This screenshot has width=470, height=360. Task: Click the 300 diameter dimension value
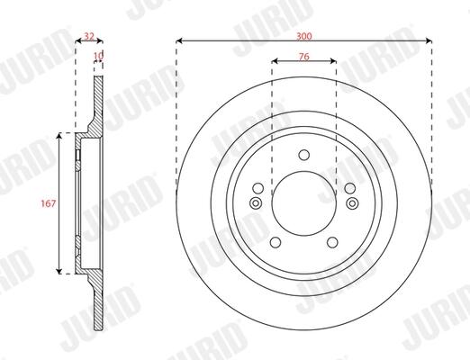(304, 36)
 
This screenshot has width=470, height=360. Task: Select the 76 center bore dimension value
(304, 57)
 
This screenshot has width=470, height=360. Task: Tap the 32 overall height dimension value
(89, 36)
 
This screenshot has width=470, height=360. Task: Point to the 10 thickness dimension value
(98, 56)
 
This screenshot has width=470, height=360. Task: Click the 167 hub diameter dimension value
(49, 203)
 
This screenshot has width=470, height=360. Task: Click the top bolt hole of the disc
(304, 155)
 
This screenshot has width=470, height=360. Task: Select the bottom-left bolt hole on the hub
(276, 242)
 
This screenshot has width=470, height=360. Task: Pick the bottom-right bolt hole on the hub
(332, 242)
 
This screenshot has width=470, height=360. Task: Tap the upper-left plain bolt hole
(258, 188)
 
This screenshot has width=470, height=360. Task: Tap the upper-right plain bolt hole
(350, 188)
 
